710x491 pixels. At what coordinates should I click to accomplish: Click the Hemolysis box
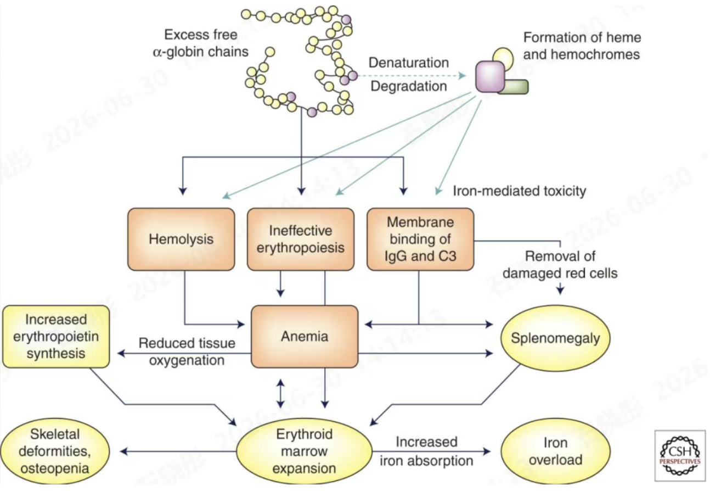(x=181, y=239)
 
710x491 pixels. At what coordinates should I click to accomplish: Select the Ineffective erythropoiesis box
(x=301, y=239)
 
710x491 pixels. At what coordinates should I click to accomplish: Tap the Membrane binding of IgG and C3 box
(x=420, y=239)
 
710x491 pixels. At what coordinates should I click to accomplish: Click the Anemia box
(x=305, y=337)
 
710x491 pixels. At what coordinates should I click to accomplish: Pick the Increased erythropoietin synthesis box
(x=56, y=337)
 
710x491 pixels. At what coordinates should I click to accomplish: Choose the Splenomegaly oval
(x=555, y=338)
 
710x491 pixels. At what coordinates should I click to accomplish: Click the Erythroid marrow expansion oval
(x=305, y=451)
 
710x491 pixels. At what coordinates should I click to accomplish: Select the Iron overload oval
(x=556, y=451)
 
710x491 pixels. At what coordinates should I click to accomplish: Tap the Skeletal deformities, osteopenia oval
(x=55, y=451)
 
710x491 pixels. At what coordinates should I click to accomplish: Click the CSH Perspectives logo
(x=680, y=455)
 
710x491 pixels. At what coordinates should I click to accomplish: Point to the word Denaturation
(x=409, y=63)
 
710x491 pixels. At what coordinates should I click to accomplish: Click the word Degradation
(x=409, y=86)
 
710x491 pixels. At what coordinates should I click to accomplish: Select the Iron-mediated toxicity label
(x=520, y=191)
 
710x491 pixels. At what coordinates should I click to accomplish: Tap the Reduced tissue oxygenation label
(x=187, y=351)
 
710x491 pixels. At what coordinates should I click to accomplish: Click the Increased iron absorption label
(x=427, y=451)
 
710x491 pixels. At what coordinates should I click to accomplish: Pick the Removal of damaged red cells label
(x=560, y=265)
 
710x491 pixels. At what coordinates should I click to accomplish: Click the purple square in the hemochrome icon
(x=490, y=76)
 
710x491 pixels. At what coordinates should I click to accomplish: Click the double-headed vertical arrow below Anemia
(x=280, y=393)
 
